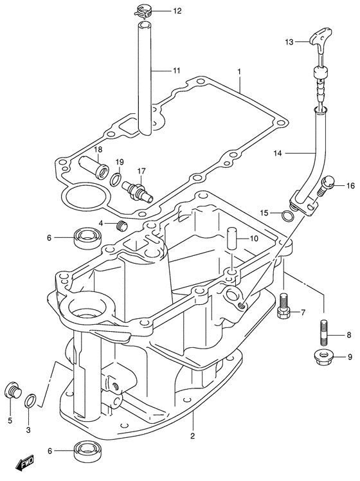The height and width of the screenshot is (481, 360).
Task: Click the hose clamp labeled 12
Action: (145, 12)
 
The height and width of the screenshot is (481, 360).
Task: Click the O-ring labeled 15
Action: (287, 216)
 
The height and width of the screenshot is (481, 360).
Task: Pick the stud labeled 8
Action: (325, 332)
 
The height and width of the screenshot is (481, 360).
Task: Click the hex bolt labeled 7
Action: (283, 306)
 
